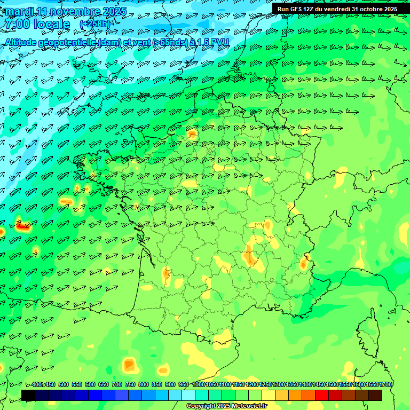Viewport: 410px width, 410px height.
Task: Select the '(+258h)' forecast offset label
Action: (94, 25)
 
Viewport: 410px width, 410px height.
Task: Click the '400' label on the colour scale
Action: (37, 384)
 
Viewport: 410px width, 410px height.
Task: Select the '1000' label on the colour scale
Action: (198, 384)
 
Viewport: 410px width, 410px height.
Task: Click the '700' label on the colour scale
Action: (117, 384)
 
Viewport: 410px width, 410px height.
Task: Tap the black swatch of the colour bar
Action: (28, 395)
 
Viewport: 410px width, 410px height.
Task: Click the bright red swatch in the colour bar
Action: (322, 395)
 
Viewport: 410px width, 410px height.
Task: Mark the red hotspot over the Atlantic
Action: (22, 226)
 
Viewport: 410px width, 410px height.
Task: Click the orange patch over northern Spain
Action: (129, 365)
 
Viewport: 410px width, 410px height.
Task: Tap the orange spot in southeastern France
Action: (304, 263)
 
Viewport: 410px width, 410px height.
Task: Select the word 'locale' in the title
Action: (51, 25)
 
